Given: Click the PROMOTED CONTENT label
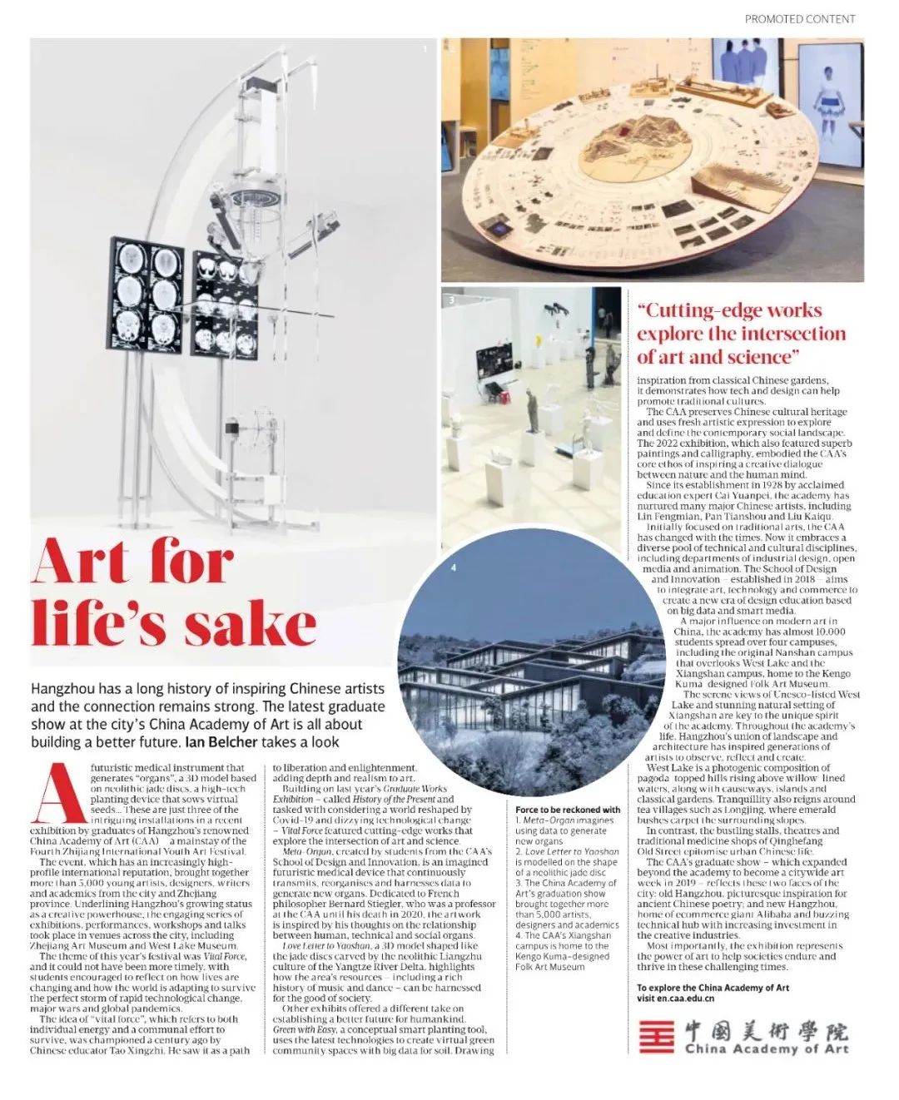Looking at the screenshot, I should (x=799, y=18).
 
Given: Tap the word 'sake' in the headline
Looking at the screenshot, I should (x=250, y=624).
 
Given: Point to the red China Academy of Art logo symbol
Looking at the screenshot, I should (x=655, y=1036).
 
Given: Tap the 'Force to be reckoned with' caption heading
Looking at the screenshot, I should (x=567, y=809).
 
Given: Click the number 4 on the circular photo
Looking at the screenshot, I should (x=453, y=567).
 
